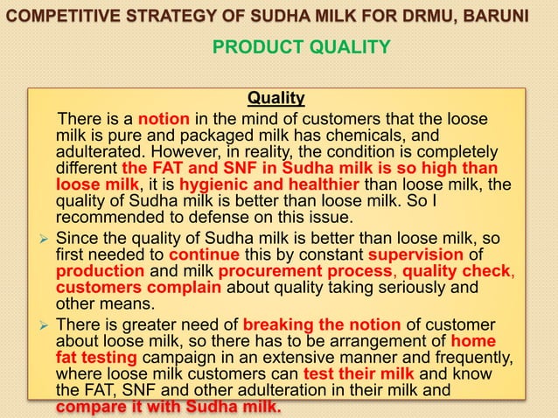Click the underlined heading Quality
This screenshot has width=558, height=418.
(276, 97)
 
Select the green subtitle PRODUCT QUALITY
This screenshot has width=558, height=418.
(301, 45)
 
